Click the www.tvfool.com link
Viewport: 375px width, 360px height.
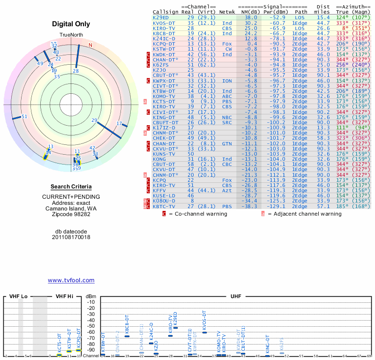71,280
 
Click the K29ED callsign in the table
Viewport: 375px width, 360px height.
161,17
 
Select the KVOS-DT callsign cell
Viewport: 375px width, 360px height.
164,22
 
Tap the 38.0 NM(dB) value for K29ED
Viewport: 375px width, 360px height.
250,17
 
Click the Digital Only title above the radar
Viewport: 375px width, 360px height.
71,24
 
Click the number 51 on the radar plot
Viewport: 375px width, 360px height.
24,117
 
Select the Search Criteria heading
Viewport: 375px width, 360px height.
71,187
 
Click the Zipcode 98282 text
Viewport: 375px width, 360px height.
71,214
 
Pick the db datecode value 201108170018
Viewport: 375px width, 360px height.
71,237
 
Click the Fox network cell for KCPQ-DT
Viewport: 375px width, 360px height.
227,44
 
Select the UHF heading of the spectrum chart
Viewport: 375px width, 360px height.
236,297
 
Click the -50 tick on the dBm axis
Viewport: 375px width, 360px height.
91,326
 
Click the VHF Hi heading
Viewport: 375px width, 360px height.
65,297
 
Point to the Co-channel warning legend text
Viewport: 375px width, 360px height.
198,214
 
